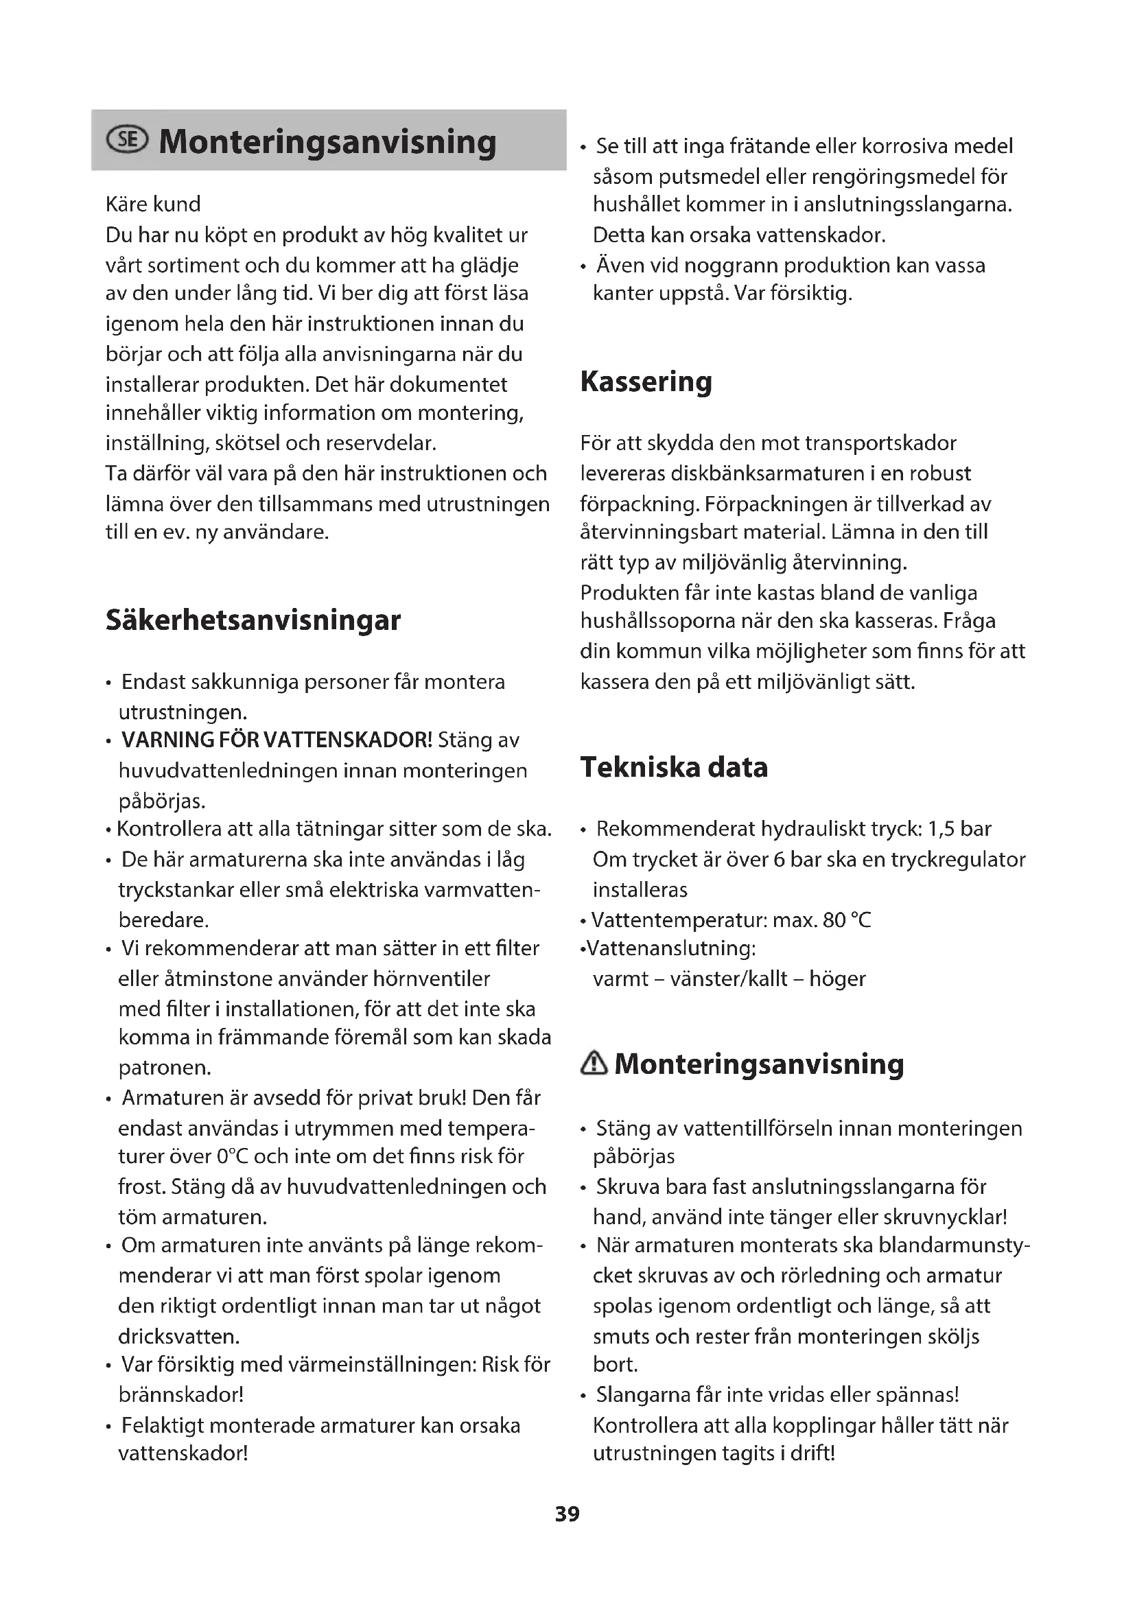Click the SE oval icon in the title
[x=126, y=141]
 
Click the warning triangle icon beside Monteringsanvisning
[x=594, y=1064]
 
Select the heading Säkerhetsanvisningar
[x=253, y=620]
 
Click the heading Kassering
[x=646, y=382]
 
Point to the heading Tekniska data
[x=674, y=767]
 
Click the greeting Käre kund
[x=153, y=204]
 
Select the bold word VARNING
[x=167, y=740]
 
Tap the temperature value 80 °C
[x=847, y=919]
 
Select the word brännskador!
[x=181, y=1394]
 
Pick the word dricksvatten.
[x=179, y=1336]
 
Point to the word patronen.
[x=165, y=1068]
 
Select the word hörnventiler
[x=431, y=979]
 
